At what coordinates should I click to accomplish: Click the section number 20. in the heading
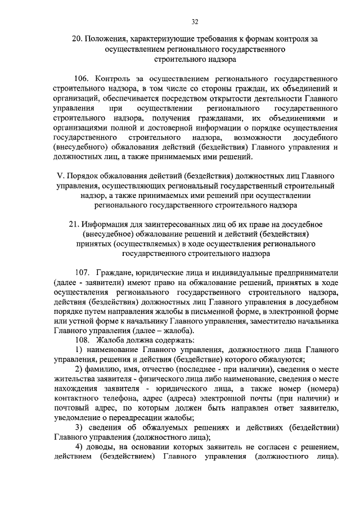76,39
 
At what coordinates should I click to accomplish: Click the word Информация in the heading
105,224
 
